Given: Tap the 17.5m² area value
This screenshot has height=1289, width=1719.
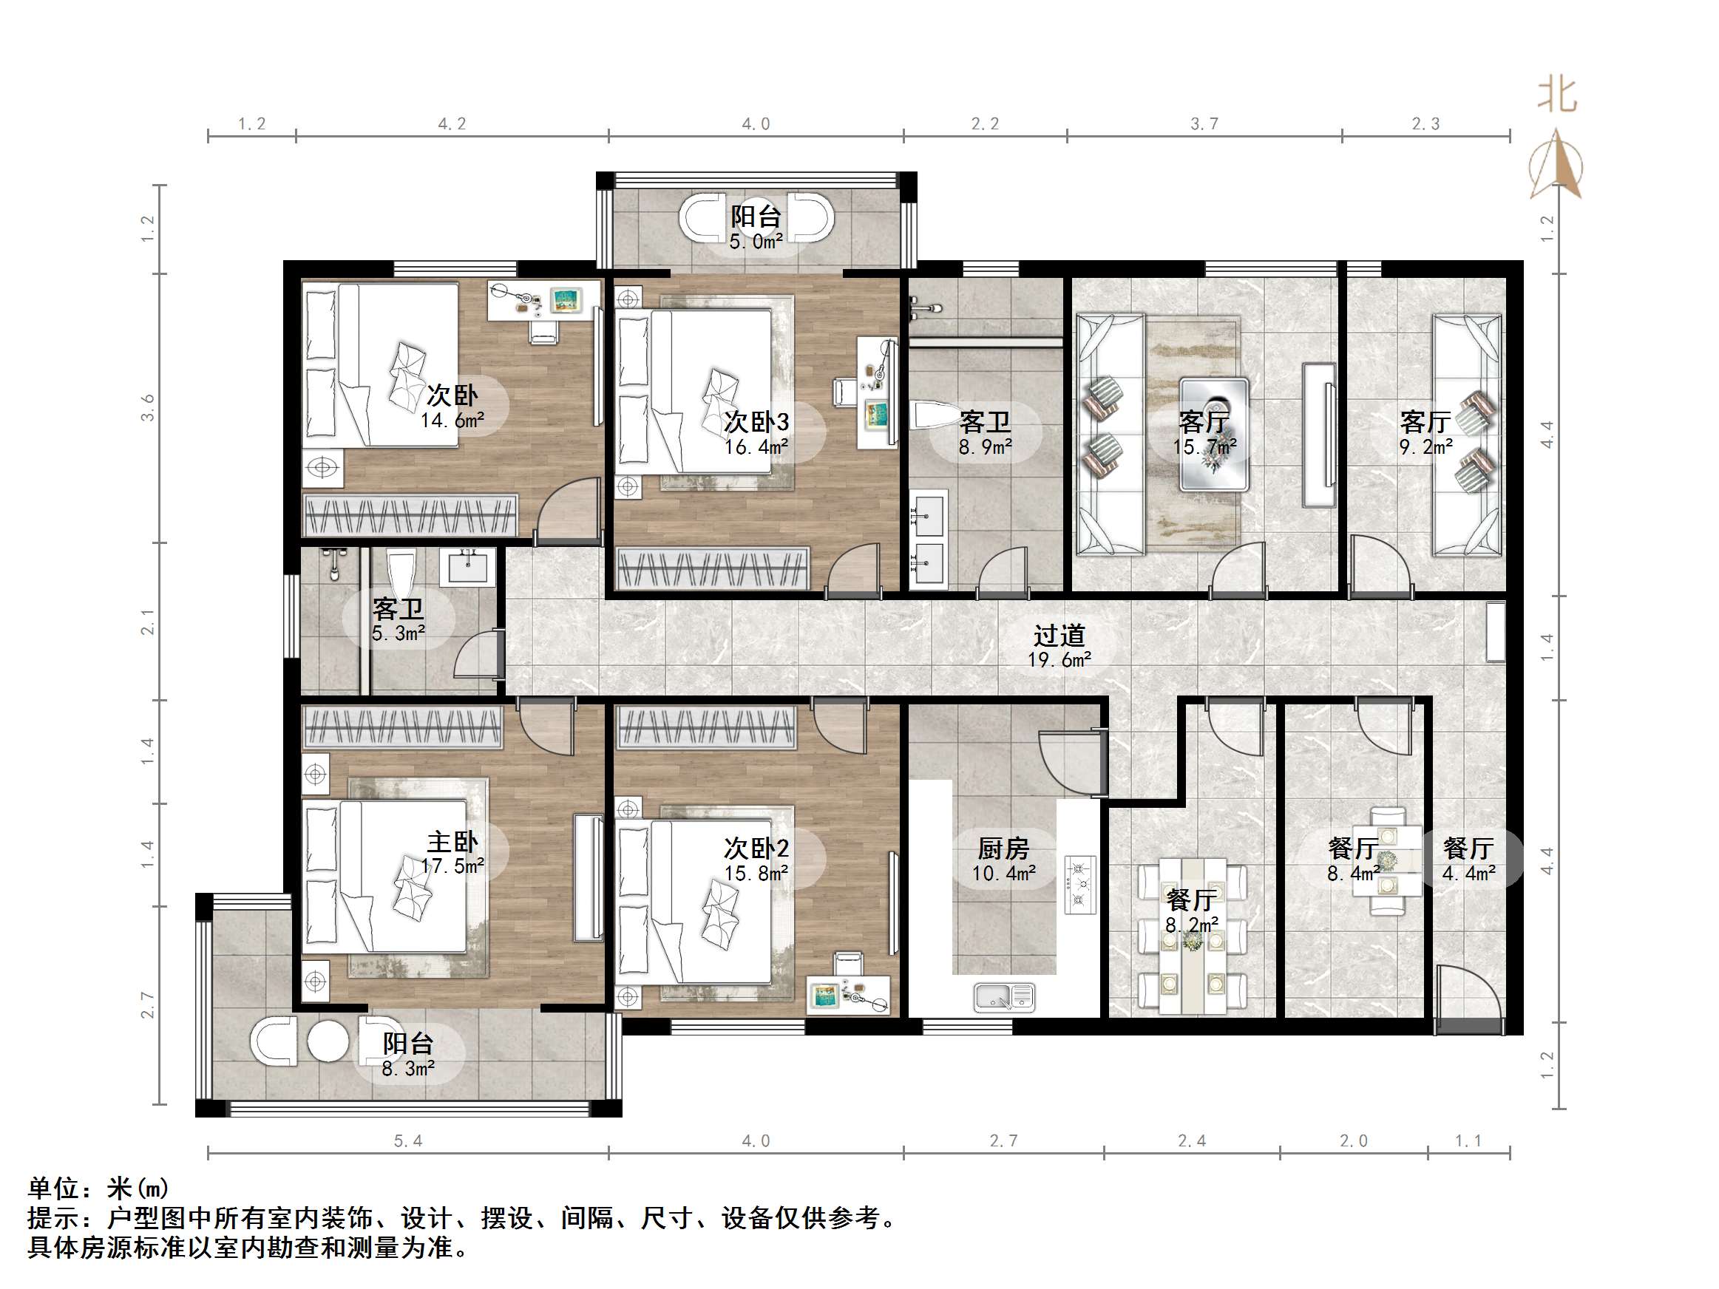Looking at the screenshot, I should (x=452, y=866).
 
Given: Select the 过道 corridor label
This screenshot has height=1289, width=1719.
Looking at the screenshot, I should (x=1059, y=636).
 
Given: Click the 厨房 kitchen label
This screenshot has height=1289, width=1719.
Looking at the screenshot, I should (x=1003, y=848).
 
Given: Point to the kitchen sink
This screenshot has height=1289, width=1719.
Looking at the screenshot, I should (x=1004, y=997).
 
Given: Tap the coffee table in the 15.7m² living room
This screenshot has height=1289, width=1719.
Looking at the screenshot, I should (x=1214, y=435).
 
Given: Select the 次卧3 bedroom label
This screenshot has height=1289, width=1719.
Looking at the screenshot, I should (x=756, y=422).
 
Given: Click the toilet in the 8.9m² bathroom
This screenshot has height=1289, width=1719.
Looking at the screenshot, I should (x=938, y=415).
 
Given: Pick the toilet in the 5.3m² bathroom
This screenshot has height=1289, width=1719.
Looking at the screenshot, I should (x=401, y=571).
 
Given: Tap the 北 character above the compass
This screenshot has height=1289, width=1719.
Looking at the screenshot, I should (x=1556, y=95).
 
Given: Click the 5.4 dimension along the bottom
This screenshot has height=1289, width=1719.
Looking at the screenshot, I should (x=408, y=1141).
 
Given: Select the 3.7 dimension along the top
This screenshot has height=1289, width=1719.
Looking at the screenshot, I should (x=1204, y=124).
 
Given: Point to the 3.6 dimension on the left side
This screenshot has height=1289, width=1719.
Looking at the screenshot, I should (x=148, y=408).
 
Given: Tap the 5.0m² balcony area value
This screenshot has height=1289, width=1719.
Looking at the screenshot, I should (x=756, y=242).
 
